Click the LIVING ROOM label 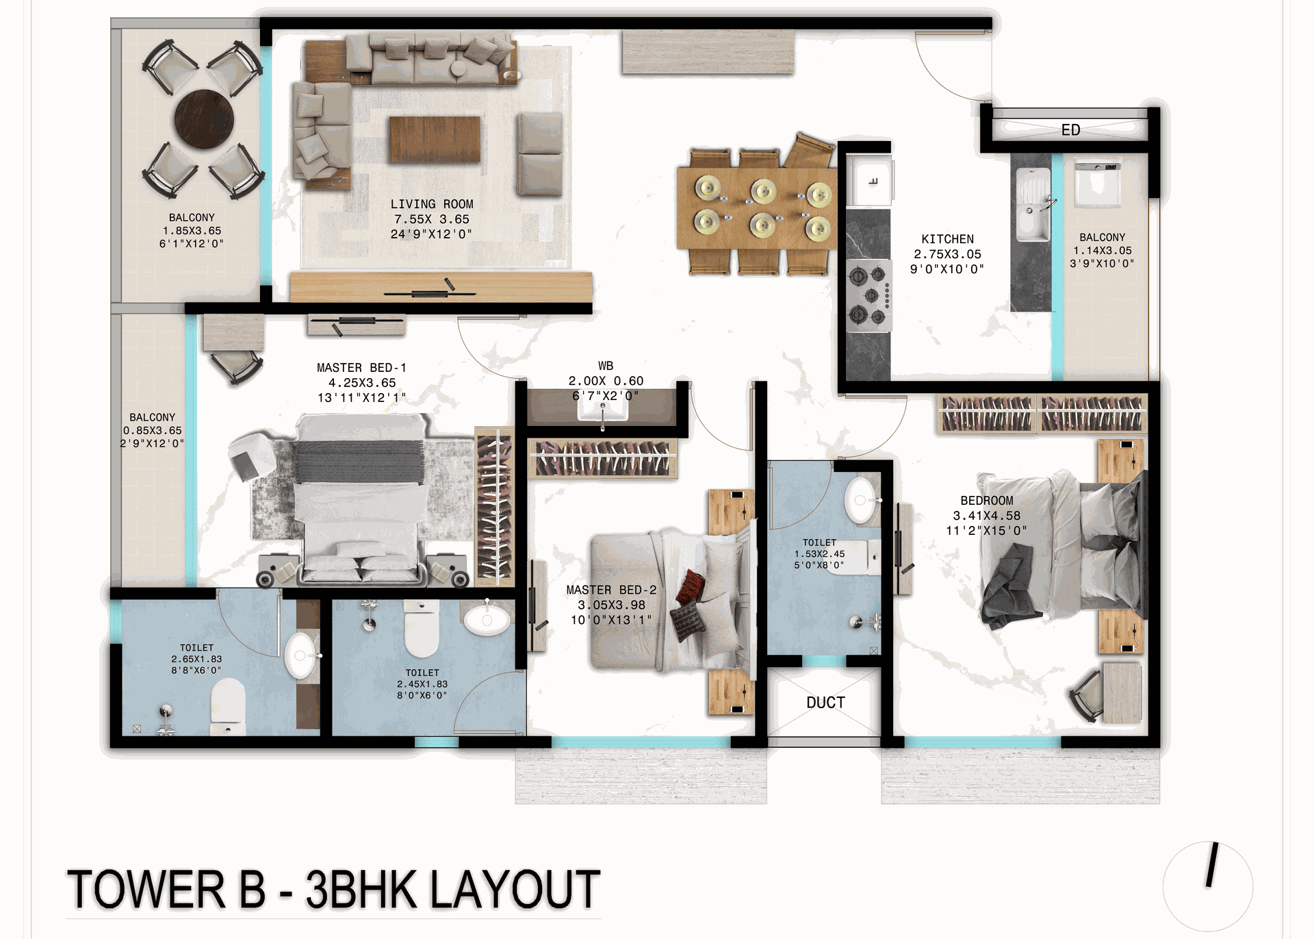click(432, 204)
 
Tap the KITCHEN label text click(947, 239)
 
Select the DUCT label click(825, 703)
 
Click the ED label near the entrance click(1070, 130)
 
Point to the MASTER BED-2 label click(611, 590)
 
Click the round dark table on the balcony click(204, 118)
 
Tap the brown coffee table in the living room click(435, 139)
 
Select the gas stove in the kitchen click(869, 295)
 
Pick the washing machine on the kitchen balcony click(1097, 184)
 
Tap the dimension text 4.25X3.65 click(362, 383)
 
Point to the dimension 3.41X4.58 click(986, 516)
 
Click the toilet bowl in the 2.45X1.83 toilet click(422, 628)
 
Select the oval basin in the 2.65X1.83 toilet click(300, 655)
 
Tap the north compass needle click(1212, 864)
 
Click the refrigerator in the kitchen click(869, 180)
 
